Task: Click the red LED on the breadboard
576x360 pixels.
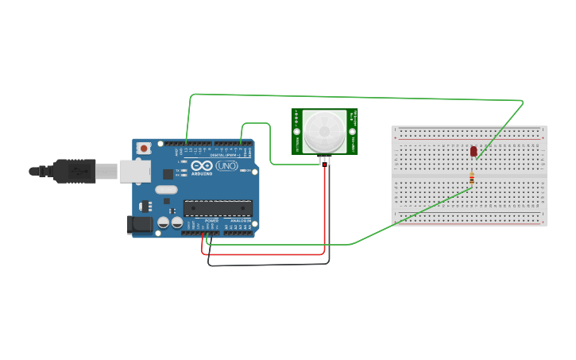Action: [x=474, y=150]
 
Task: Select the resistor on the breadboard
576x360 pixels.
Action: [x=472, y=180]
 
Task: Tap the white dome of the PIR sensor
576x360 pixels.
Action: [x=324, y=130]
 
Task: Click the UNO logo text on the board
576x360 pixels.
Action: [x=226, y=166]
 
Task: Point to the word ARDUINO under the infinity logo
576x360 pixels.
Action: [x=201, y=173]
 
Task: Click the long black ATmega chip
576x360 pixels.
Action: [x=218, y=208]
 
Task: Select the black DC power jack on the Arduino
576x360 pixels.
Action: [x=140, y=225]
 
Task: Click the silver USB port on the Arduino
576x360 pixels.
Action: [x=134, y=170]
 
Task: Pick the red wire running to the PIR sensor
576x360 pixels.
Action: [x=324, y=215]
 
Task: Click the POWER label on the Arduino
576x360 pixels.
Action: [x=211, y=221]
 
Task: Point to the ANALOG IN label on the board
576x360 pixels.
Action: [x=239, y=221]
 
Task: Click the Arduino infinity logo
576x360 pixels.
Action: [x=201, y=165]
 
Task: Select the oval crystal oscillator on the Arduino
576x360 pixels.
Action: [x=166, y=189]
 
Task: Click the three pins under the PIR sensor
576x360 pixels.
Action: [x=324, y=161]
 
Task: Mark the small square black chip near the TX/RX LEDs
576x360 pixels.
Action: [x=168, y=173]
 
